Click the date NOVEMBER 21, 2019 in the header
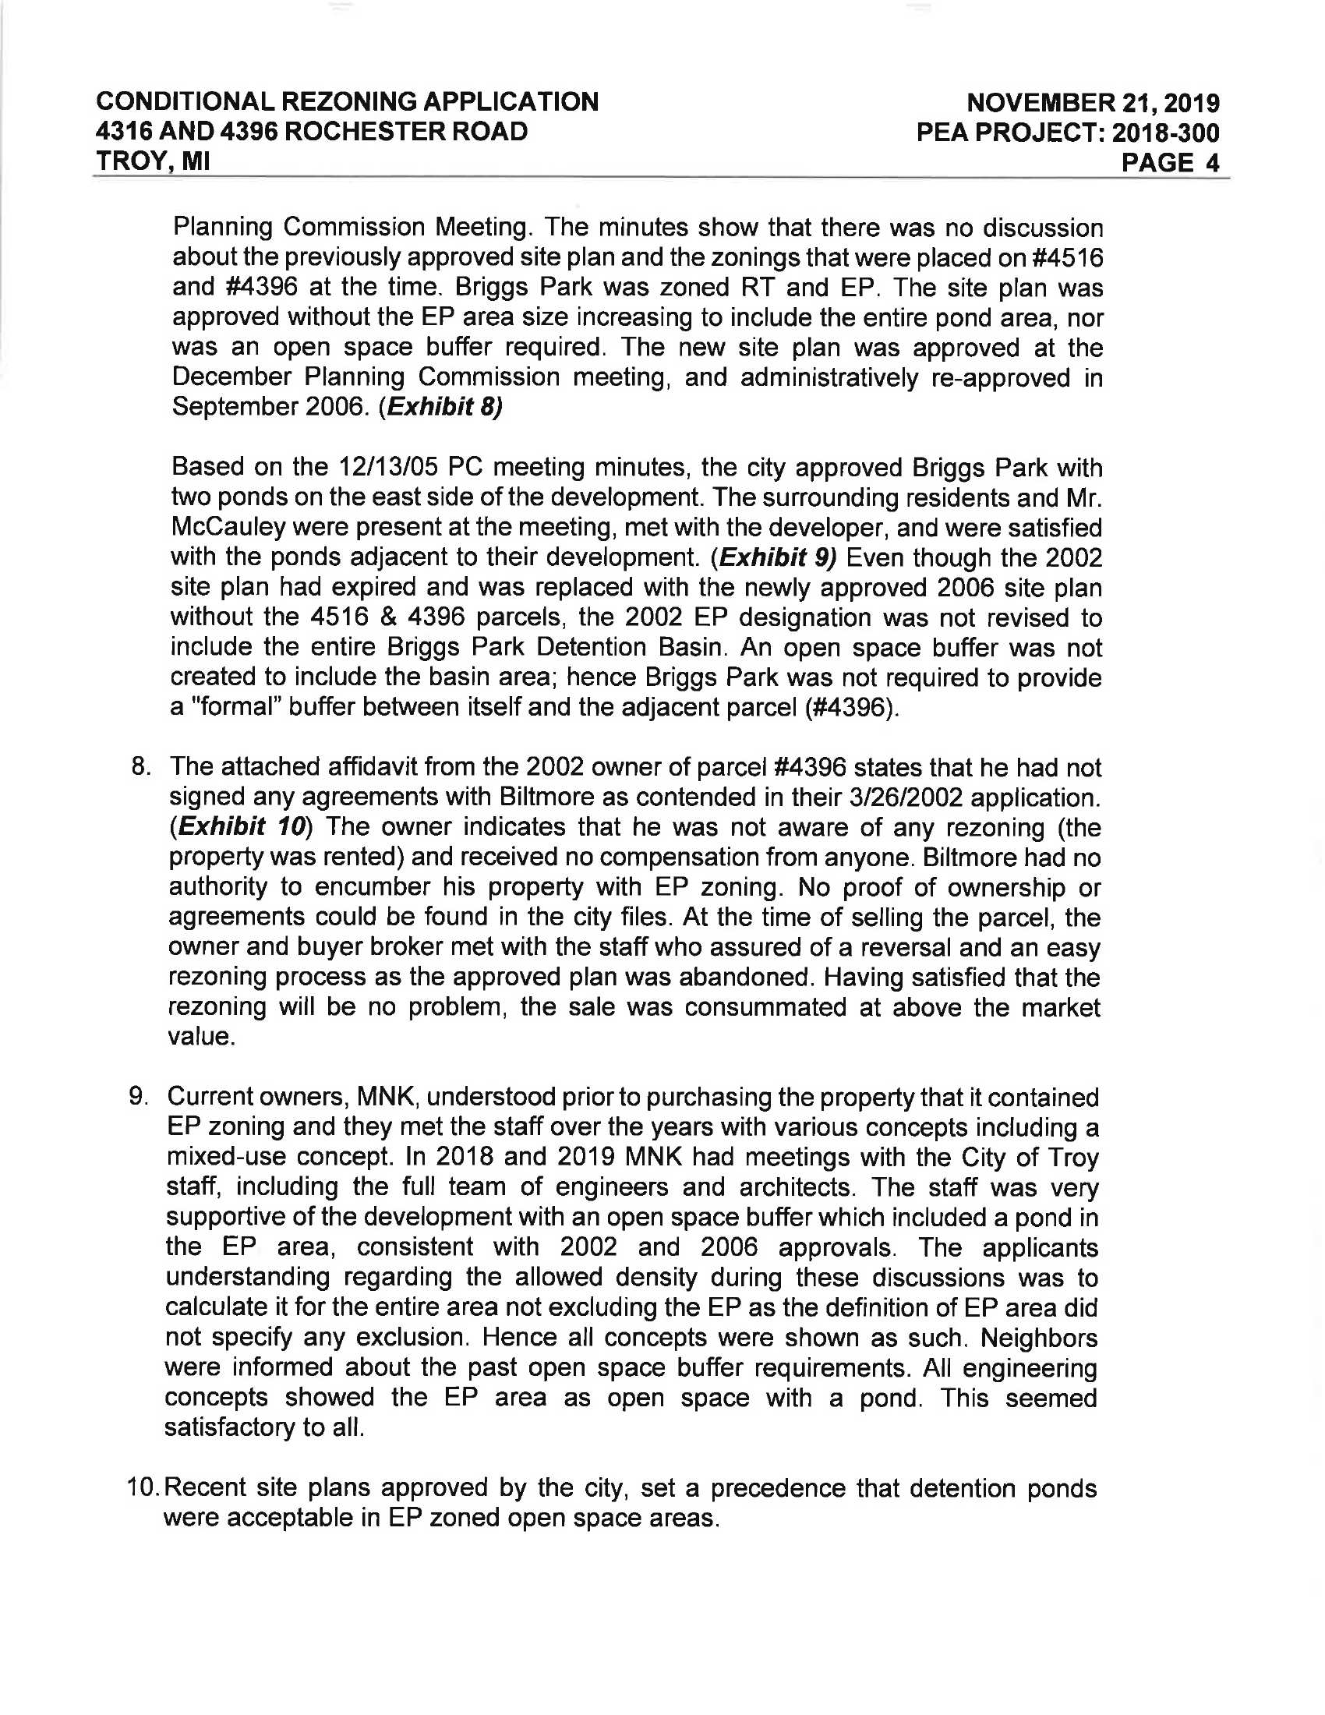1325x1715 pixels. point(1093,103)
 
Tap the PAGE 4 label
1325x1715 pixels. point(1171,163)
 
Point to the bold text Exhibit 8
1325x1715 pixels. point(440,408)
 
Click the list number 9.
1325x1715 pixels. point(138,1097)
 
